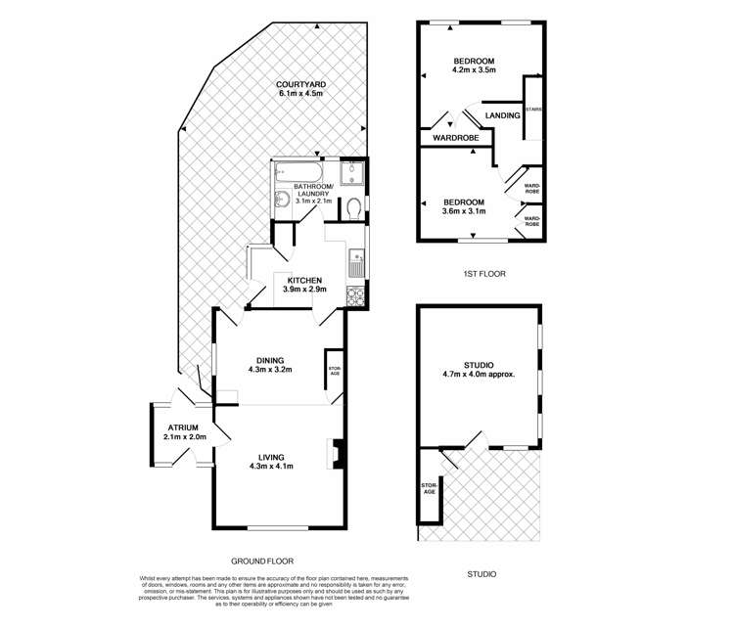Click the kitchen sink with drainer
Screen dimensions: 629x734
point(356,262)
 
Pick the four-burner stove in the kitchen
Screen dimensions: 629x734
point(357,294)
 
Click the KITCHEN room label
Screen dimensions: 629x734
point(304,281)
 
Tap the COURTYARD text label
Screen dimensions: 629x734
point(301,84)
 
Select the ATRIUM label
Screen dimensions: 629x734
point(182,427)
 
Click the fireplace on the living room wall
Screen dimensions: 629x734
point(336,454)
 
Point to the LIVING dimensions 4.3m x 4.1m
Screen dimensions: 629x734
point(271,466)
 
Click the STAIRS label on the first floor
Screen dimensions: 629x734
point(533,111)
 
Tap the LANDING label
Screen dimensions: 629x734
point(502,115)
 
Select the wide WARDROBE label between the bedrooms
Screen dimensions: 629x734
point(456,138)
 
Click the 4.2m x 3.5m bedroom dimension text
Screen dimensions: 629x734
point(475,69)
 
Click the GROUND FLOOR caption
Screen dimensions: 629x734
point(261,562)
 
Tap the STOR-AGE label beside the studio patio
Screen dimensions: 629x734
point(428,487)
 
